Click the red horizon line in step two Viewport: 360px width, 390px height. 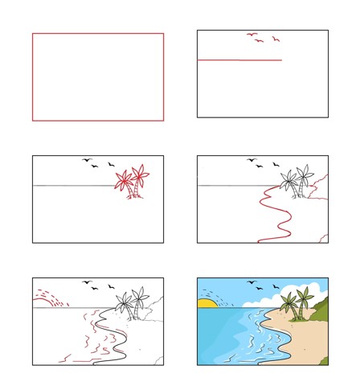pyautogui.click(x=239, y=60)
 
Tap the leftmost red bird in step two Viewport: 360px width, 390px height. pyautogui.click(x=251, y=35)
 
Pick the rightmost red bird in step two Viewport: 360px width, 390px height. pyautogui.click(x=276, y=39)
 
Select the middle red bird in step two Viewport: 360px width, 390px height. pyautogui.click(x=259, y=41)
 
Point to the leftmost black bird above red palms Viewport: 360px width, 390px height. pyautogui.click(x=86, y=160)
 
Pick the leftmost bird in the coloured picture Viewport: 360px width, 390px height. pyautogui.click(x=251, y=282)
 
